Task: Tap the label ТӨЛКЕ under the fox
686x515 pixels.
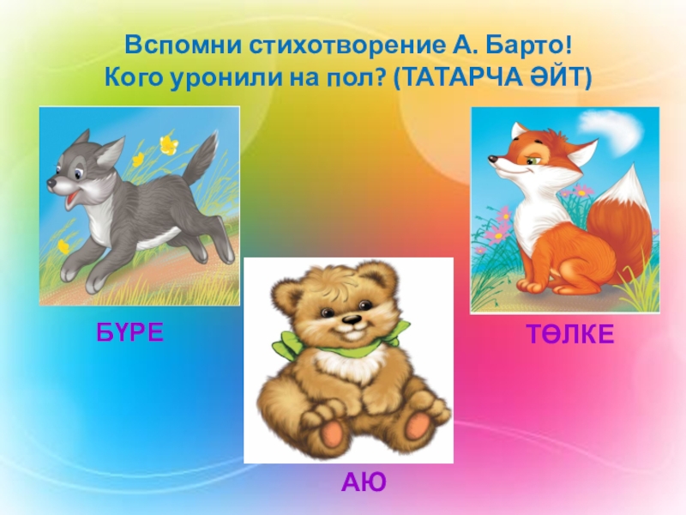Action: [x=570, y=336]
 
